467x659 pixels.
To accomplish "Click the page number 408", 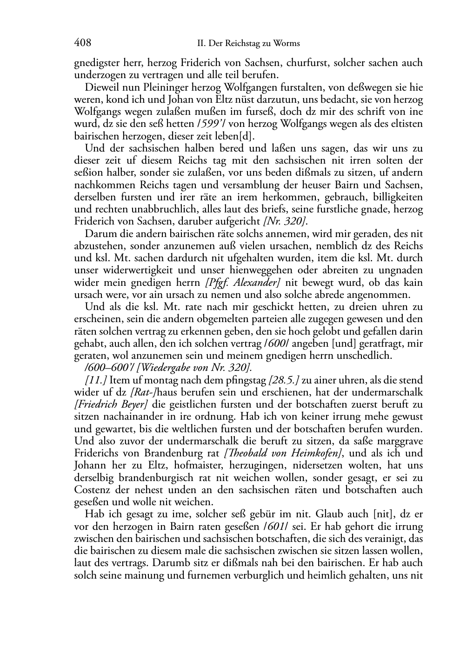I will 82,43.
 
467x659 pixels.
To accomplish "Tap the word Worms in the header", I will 287,44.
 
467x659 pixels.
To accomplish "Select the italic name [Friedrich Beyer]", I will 111,404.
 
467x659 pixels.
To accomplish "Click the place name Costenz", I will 91,490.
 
